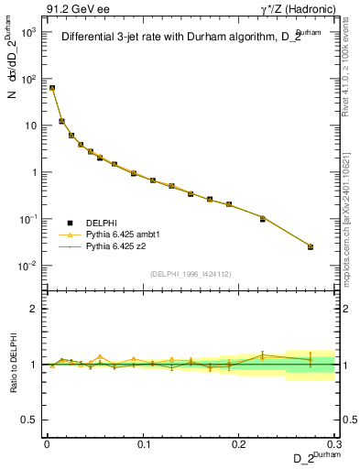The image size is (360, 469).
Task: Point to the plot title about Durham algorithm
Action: point(183,38)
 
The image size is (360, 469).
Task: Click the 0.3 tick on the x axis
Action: point(334,443)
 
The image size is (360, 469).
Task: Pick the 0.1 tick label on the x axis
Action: point(142,443)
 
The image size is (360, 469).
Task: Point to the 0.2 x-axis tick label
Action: point(238,443)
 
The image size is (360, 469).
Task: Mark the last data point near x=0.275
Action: point(311,246)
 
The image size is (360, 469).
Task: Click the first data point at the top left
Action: point(52,88)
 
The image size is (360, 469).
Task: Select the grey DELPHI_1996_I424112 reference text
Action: point(190,272)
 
